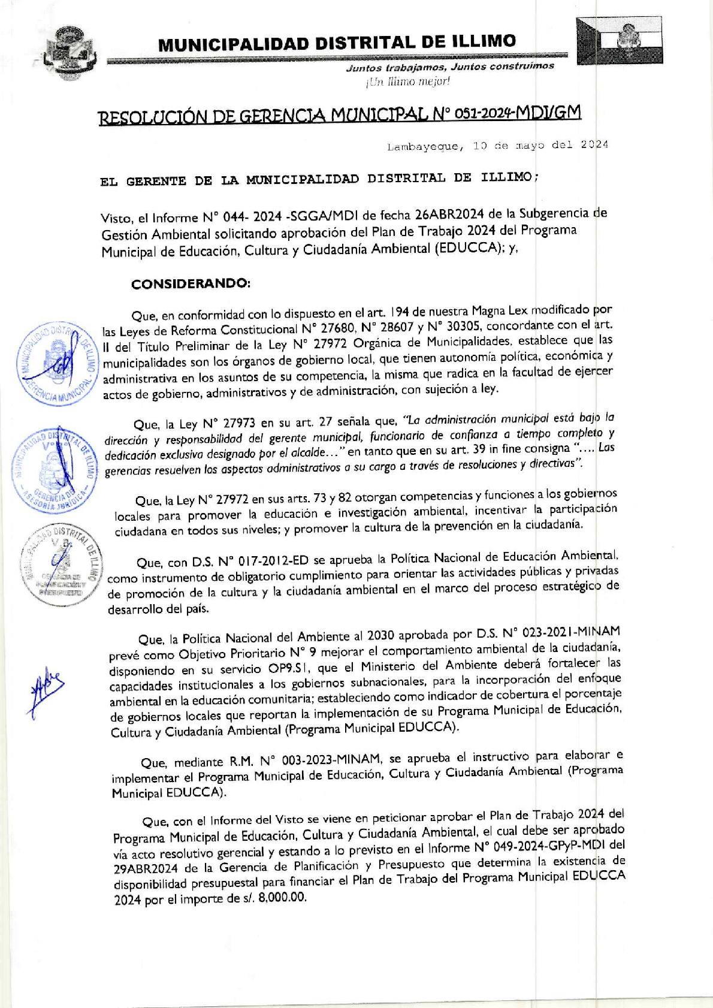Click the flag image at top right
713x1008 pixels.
coord(620,41)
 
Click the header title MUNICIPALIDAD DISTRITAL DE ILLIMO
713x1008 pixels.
coord(337,43)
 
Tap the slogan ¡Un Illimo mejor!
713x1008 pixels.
coord(407,82)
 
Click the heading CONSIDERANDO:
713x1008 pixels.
coord(191,283)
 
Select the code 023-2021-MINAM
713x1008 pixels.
coord(571,632)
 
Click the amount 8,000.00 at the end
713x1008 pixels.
coord(282,898)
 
